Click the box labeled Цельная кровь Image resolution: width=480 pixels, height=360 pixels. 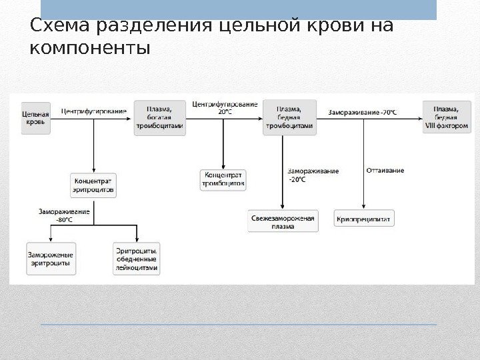pyautogui.click(x=35, y=118)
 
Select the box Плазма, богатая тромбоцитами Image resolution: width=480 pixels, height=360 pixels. pyautogui.click(x=159, y=117)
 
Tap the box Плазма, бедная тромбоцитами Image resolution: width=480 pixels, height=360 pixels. pyautogui.click(x=289, y=118)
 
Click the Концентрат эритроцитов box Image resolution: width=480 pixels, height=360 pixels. pyautogui.click(x=94, y=185)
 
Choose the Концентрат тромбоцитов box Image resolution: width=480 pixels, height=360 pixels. pyautogui.click(x=223, y=178)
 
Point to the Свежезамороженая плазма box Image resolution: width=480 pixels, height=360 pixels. pyautogui.click(x=283, y=221)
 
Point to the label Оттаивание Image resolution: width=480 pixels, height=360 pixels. pyautogui.click(x=385, y=171)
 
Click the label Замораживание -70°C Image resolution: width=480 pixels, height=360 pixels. pyautogui.click(x=362, y=111)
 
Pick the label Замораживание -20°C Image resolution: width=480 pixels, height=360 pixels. pyautogui.click(x=313, y=175)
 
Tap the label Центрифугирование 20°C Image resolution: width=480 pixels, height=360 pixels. pyautogui.click(x=225, y=107)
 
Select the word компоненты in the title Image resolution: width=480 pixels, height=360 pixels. pyautogui.click(x=91, y=49)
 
